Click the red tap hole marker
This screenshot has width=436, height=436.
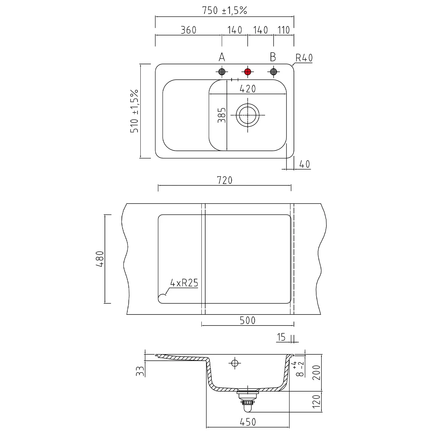coord(248,72)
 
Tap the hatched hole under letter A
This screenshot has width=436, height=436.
coord(222,72)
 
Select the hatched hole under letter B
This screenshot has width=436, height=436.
coord(274,72)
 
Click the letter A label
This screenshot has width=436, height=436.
coord(222,57)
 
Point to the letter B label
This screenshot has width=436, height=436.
coord(273,57)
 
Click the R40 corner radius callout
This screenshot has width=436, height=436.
coord(304,58)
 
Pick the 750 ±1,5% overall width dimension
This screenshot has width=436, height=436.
coord(224,10)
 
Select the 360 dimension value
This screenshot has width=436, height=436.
coord(188,30)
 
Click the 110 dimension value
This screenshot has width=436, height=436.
coord(284,30)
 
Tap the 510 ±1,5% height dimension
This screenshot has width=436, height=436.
coord(134,111)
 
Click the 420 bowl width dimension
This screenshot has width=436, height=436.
coord(248,89)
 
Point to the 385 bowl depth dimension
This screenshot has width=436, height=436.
coord(221,115)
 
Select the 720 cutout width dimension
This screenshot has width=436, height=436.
coord(225,180)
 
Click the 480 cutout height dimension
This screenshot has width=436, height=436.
coord(100,259)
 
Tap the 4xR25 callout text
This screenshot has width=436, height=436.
coord(184,283)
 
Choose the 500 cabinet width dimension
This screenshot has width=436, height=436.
coord(248,320)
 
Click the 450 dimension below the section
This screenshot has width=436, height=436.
coord(248,422)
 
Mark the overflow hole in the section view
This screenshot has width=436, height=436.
coord(235,363)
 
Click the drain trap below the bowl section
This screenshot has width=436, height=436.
coord(247,401)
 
